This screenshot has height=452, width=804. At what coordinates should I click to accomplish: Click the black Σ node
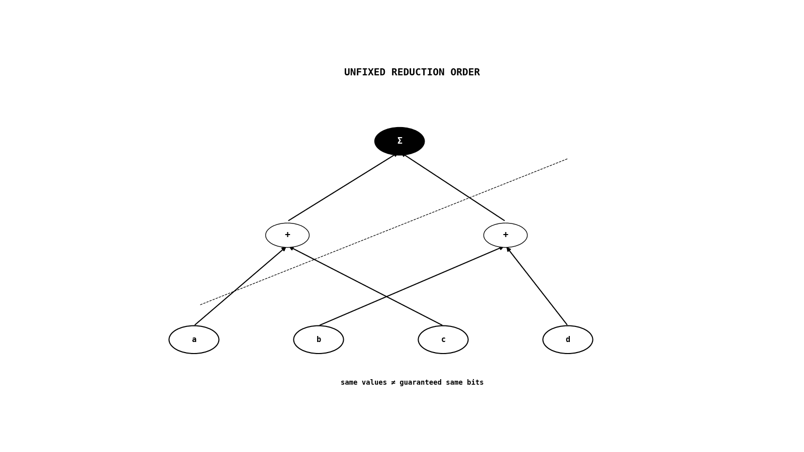399,141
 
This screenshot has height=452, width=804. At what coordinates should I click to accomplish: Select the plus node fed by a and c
287,236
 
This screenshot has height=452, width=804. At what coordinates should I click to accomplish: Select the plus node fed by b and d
506,236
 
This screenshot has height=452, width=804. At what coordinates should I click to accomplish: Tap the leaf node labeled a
194,340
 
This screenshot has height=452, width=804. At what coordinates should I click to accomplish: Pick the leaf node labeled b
319,340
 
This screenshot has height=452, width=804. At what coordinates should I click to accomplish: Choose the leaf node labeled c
443,340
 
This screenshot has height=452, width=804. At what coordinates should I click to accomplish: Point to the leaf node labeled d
568,340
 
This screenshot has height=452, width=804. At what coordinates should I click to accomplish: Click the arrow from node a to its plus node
240,286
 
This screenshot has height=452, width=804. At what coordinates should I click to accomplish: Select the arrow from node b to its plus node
412,286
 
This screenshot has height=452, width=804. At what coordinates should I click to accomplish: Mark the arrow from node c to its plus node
366,286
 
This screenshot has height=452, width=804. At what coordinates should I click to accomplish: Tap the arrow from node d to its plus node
537,286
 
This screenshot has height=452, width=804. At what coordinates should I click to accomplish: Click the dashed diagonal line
384,232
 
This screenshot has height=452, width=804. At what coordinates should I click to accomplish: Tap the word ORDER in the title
465,72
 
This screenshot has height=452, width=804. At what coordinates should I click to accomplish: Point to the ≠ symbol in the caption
393,383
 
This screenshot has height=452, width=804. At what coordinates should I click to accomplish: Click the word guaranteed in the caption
420,383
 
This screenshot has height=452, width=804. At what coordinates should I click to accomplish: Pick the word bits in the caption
475,383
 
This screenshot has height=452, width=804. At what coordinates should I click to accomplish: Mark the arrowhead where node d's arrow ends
508,249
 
